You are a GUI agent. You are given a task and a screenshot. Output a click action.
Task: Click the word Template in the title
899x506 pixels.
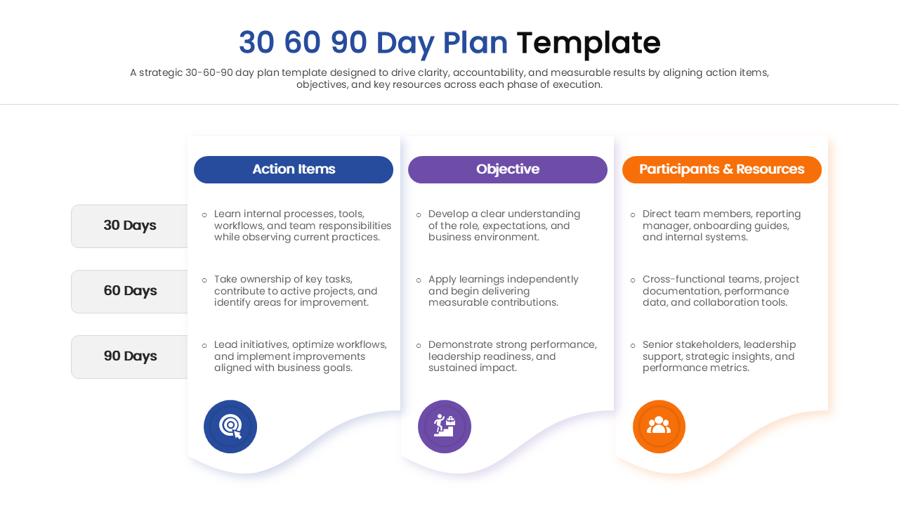(588, 43)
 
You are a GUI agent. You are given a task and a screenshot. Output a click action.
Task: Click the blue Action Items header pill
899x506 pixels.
(294, 169)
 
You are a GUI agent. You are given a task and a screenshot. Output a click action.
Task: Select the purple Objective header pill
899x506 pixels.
(508, 169)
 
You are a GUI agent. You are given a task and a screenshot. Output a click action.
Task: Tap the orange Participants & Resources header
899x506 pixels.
(721, 169)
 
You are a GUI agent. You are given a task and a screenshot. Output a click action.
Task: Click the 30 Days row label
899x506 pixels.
(130, 226)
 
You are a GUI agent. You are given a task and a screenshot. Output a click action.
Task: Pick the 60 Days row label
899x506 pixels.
(130, 291)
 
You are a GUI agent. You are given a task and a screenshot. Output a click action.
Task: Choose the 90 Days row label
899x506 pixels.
(130, 356)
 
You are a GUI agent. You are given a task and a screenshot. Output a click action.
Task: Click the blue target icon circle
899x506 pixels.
(230, 427)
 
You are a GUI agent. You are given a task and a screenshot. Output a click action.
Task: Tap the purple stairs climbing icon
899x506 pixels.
(445, 427)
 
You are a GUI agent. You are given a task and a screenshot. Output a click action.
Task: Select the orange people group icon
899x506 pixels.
(659, 427)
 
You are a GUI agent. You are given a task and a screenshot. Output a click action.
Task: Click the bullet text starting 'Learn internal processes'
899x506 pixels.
(302, 226)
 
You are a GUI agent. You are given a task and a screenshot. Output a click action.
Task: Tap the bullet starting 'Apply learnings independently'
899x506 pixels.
(503, 291)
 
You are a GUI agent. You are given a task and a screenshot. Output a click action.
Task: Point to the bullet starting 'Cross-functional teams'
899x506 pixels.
(721, 291)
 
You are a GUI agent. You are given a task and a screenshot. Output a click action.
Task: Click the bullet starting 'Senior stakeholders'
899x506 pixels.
(719, 356)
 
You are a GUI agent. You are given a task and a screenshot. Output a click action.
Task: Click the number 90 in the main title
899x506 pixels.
(349, 43)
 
